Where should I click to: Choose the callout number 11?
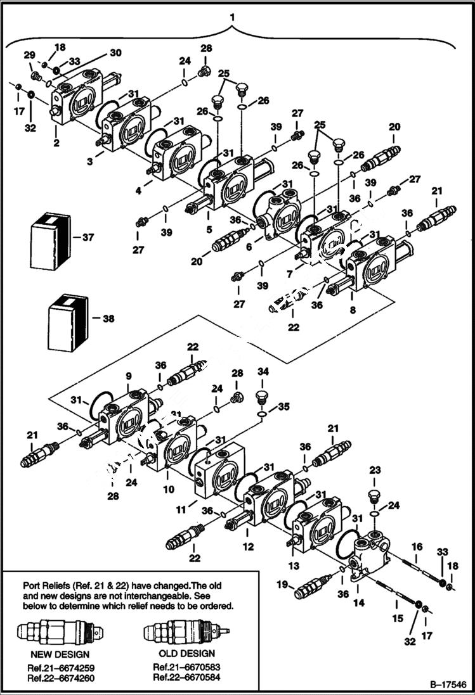181,509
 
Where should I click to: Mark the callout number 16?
417,545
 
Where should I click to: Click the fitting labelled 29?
36,76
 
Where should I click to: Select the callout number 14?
359,604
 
